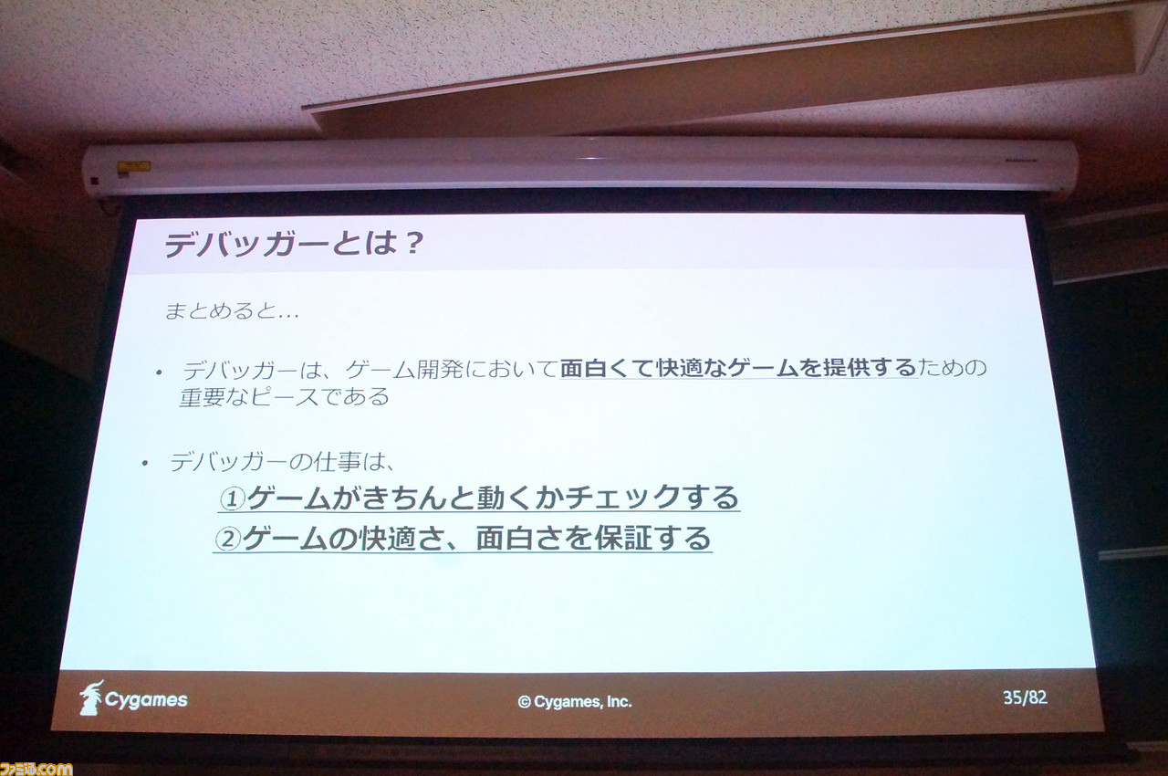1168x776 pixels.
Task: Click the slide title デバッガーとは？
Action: click(293, 244)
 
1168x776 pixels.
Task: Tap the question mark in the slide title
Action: click(413, 244)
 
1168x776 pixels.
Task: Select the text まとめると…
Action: click(232, 311)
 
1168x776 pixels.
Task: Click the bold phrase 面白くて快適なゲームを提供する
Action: click(738, 368)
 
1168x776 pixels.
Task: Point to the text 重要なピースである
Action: click(284, 397)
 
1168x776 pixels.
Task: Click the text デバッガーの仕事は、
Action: click(282, 462)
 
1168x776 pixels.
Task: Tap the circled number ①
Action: click(232, 498)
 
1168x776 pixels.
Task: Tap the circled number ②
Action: click(227, 540)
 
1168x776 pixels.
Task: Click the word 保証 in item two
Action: click(622, 538)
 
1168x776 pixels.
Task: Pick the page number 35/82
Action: click(1025, 697)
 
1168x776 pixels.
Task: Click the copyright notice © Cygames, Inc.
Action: click(575, 702)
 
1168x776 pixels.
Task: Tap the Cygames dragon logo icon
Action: click(92, 697)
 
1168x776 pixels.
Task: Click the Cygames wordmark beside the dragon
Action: click(146, 700)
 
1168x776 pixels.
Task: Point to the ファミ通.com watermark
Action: click(36, 769)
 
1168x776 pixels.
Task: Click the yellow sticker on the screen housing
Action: click(133, 166)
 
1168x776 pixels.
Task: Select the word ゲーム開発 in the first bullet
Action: click(404, 370)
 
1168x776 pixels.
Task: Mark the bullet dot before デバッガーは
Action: click(159, 372)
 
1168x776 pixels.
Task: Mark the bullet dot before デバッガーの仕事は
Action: click(145, 463)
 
